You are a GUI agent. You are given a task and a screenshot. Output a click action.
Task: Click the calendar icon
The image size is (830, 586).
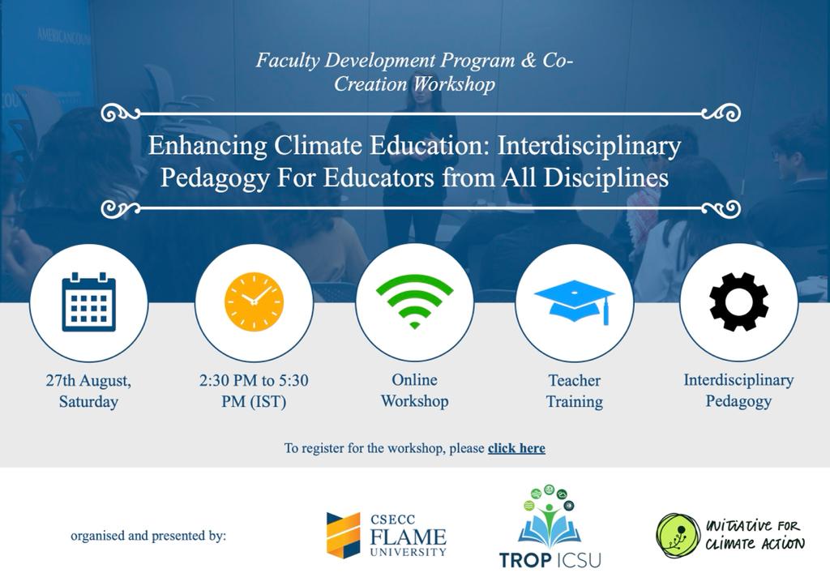pyautogui.click(x=88, y=302)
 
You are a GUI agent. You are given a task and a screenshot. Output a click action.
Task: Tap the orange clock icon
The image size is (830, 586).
pyautogui.click(x=254, y=302)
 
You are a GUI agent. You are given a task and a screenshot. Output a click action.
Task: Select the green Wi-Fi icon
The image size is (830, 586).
pyautogui.click(x=414, y=302)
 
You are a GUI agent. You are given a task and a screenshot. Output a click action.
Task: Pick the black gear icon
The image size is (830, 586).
pyautogui.click(x=738, y=302)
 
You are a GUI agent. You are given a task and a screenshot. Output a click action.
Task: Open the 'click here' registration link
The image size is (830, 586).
pyautogui.click(x=516, y=448)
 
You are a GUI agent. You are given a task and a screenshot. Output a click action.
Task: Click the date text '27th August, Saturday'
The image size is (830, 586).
pyautogui.click(x=88, y=391)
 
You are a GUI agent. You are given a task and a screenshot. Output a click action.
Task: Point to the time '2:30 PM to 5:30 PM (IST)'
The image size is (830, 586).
pyautogui.click(x=254, y=391)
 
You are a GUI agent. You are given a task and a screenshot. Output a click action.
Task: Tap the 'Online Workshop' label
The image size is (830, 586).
pyautogui.click(x=414, y=391)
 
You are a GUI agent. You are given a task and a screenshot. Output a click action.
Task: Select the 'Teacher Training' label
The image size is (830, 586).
pyautogui.click(x=575, y=391)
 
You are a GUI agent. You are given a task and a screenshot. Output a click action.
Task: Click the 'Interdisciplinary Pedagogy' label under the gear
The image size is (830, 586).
pyautogui.click(x=738, y=391)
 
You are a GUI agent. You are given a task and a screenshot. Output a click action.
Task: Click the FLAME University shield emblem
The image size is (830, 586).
pyautogui.click(x=343, y=535)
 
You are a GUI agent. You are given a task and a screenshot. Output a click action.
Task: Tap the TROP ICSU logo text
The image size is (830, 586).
pyautogui.click(x=550, y=559)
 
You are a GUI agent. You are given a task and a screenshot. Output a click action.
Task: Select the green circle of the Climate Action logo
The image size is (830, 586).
pyautogui.click(x=678, y=536)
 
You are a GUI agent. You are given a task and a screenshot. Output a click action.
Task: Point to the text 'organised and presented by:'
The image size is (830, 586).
pyautogui.click(x=148, y=536)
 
